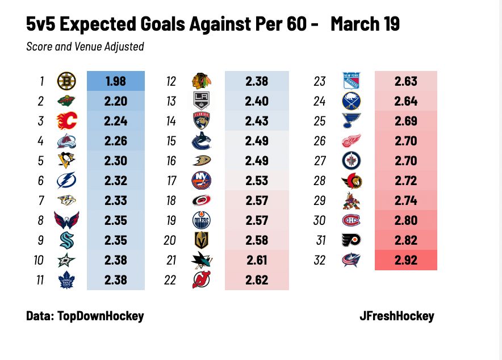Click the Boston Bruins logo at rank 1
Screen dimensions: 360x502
pos(66,81)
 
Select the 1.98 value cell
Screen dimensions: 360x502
pos(116,81)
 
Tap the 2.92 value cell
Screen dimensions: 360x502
pos(405,261)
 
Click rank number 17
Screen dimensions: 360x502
pos(171,181)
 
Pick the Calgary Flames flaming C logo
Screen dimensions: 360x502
pos(66,121)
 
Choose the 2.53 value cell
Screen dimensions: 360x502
pos(257,181)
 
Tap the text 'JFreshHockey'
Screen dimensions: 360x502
pos(397,316)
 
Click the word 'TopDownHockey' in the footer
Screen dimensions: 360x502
pos(101,316)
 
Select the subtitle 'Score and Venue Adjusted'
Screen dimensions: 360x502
pos(85,47)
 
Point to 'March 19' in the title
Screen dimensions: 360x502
pos(365,24)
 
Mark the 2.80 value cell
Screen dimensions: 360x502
pos(405,220)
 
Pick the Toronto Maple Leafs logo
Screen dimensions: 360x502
pos(66,281)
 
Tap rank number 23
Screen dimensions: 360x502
pos(320,81)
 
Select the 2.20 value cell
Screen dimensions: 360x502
pos(116,101)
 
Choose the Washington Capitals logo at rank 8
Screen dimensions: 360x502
pos(66,220)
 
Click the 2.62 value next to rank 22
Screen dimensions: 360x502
pos(257,281)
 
